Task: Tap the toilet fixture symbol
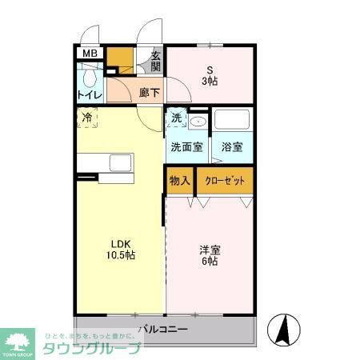(x=88, y=78)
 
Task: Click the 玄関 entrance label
(x=156, y=62)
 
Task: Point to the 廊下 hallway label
(x=149, y=92)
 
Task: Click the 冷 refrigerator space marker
(x=86, y=117)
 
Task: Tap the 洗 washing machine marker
(x=176, y=118)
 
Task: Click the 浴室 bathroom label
(x=232, y=147)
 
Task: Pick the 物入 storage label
(x=179, y=180)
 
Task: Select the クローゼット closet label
(x=226, y=180)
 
